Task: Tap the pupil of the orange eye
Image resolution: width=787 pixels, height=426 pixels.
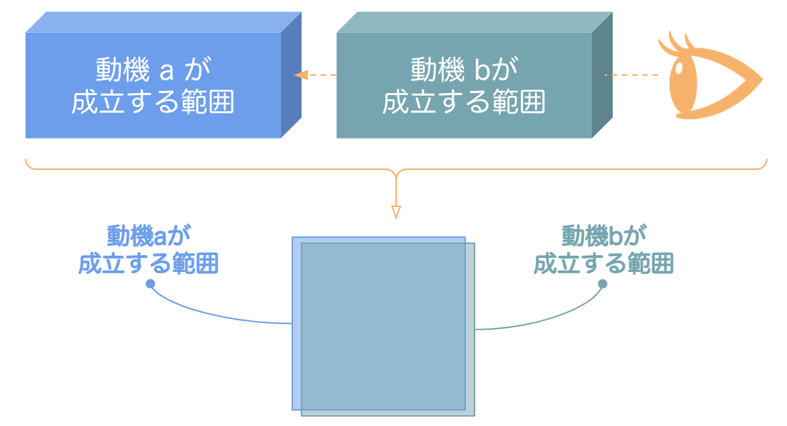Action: [682, 70]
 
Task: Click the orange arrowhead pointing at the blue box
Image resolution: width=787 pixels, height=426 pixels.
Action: [301, 75]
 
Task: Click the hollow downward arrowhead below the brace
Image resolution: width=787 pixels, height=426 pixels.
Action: [396, 212]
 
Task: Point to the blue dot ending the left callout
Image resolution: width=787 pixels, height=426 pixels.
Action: [151, 284]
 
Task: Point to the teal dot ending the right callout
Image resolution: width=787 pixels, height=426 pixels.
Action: [602, 284]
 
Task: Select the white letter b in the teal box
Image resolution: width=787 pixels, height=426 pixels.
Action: [489, 70]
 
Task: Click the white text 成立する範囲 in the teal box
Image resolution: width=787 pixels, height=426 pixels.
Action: [464, 102]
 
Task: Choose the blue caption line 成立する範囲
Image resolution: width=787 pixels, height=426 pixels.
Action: [149, 263]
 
